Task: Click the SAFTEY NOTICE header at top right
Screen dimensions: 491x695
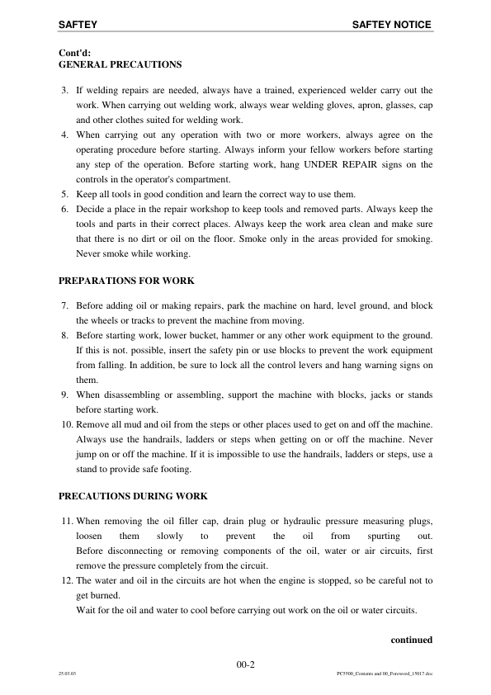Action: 391,26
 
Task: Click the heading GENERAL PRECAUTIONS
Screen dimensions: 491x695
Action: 120,64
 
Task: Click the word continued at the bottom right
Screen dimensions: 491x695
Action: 411,639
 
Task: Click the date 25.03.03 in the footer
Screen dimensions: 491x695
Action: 67,674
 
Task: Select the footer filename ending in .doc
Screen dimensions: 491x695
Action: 385,674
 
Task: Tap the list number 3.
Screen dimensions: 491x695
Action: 64,90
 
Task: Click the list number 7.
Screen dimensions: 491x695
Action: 64,306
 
